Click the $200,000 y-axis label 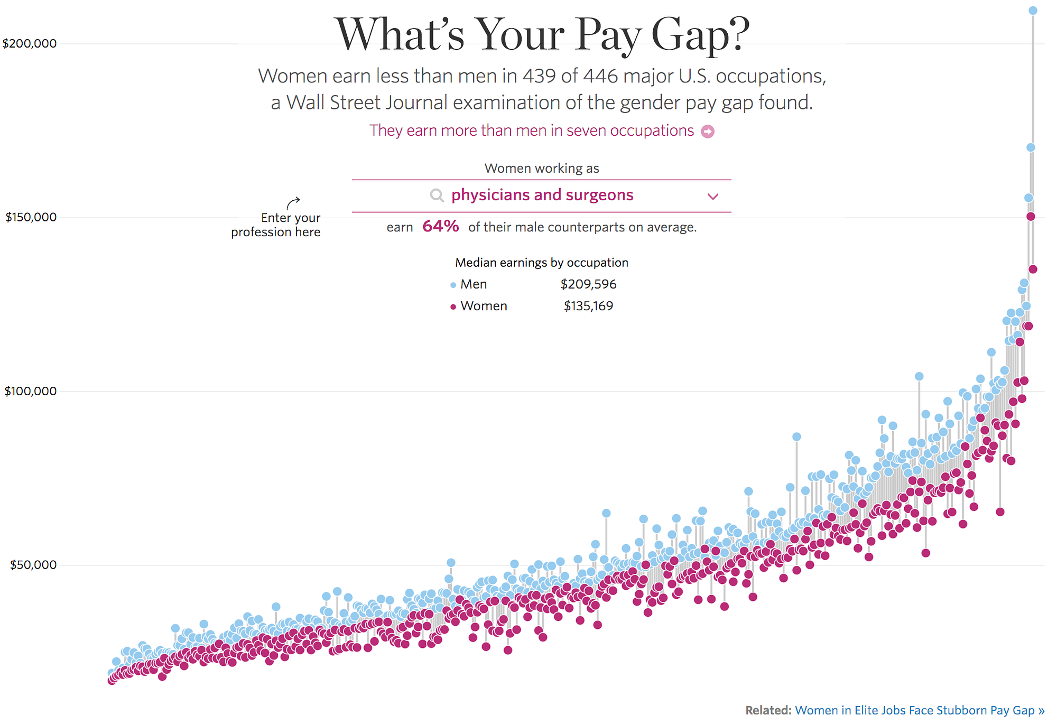(x=30, y=43)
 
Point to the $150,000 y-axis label (x=31, y=217)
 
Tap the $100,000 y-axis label (x=31, y=391)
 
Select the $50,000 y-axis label (x=33, y=565)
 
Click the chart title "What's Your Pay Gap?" (x=542, y=35)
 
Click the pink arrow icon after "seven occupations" (x=708, y=132)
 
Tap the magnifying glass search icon (x=437, y=196)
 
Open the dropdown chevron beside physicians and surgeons (x=713, y=197)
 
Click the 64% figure (x=441, y=227)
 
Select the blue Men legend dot (x=453, y=285)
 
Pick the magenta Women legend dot (x=453, y=307)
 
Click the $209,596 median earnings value (x=588, y=284)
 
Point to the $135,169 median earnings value (x=588, y=306)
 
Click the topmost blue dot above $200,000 (x=1033, y=11)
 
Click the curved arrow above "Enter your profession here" (x=293, y=202)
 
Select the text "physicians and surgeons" (x=542, y=196)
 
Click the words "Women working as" (x=542, y=169)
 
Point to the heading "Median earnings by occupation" (x=542, y=263)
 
